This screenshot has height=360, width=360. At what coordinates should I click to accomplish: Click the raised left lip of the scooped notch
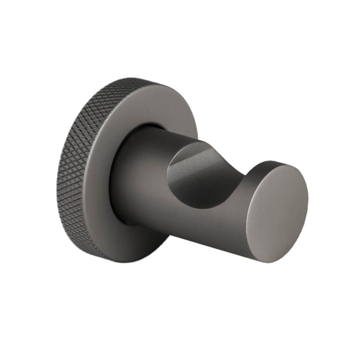pyautogui.click(x=174, y=157)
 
